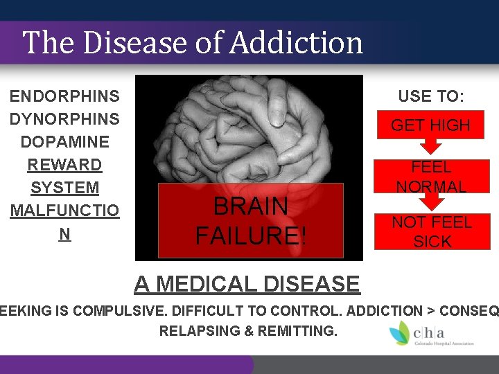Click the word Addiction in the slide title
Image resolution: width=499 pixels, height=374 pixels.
pyautogui.click(x=297, y=42)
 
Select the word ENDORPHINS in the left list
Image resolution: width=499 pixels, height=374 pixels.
pyautogui.click(x=64, y=96)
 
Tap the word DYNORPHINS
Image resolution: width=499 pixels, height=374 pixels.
pyautogui.click(x=64, y=119)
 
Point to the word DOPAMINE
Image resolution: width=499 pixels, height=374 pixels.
pyautogui.click(x=64, y=142)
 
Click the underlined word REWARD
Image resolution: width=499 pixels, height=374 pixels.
pyautogui.click(x=64, y=165)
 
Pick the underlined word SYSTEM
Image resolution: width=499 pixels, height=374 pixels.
pyautogui.click(x=64, y=188)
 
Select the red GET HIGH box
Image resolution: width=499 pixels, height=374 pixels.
pyautogui.click(x=430, y=125)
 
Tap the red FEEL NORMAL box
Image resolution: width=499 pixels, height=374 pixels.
pyautogui.click(x=430, y=177)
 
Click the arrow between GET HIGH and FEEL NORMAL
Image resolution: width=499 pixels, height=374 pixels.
pyautogui.click(x=431, y=146)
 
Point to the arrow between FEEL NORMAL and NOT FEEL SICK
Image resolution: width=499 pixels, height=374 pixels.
pyautogui.click(x=431, y=202)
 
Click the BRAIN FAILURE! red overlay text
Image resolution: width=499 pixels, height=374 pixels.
pyautogui.click(x=250, y=221)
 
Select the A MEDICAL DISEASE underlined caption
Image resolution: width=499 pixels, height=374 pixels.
pyautogui.click(x=247, y=284)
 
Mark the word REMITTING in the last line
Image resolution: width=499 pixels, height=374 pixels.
pyautogui.click(x=294, y=331)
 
